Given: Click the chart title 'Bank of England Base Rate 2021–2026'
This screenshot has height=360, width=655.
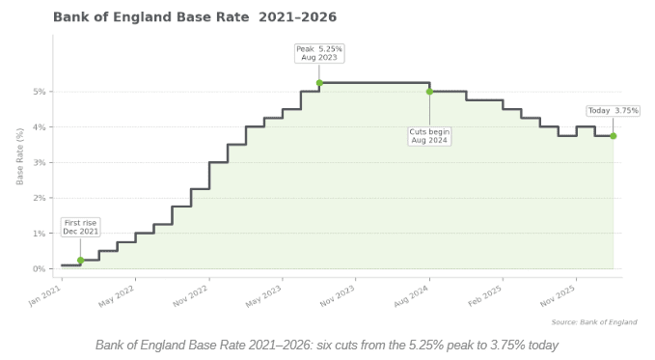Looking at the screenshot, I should click(x=194, y=17).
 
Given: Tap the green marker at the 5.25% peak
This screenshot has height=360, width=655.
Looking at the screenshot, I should click(x=319, y=83).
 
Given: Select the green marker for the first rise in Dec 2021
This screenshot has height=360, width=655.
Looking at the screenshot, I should click(x=80, y=260).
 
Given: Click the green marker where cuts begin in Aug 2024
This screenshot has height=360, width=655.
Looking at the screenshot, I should click(x=429, y=92).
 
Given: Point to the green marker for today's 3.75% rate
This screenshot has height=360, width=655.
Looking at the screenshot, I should click(x=613, y=136).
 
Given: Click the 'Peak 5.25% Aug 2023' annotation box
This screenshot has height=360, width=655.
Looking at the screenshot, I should click(x=319, y=52).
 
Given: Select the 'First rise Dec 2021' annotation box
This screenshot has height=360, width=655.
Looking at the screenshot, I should click(x=80, y=227).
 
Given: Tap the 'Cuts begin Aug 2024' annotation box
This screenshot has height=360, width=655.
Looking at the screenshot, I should click(x=430, y=135).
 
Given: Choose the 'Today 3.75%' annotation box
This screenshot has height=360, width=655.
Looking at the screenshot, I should click(x=614, y=111).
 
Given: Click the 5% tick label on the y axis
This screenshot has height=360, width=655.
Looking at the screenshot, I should click(x=40, y=92).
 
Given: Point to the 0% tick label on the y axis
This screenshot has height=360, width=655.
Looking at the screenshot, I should click(x=40, y=268).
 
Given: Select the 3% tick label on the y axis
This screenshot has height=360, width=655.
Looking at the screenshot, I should click(x=40, y=162).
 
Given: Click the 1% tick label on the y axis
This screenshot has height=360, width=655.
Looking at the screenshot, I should click(x=40, y=234).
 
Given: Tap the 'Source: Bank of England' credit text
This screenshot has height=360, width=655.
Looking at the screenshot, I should click(x=593, y=322).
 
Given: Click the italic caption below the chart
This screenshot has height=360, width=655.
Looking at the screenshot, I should click(x=327, y=345).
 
